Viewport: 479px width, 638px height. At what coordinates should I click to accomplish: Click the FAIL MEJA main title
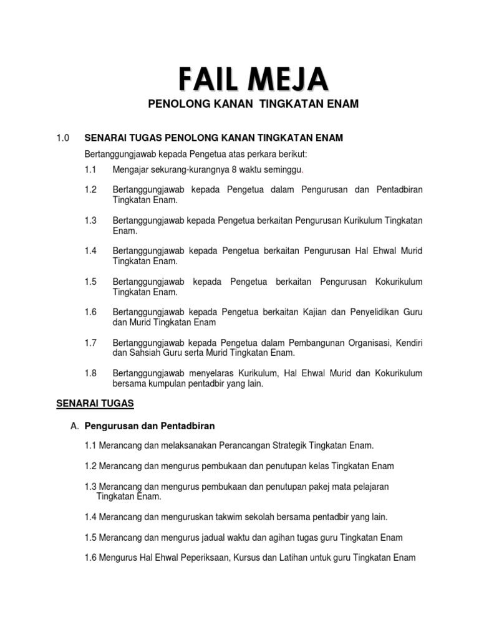coord(253,80)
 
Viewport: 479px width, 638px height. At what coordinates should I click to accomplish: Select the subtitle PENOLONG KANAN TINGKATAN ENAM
coord(253,104)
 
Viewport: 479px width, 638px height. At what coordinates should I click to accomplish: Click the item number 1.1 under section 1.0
coord(91,169)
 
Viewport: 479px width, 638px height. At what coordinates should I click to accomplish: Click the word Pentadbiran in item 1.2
coord(400,189)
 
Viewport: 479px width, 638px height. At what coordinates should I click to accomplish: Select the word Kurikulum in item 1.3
coord(364,220)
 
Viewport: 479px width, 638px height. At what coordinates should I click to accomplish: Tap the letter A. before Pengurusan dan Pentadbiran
coord(75,426)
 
